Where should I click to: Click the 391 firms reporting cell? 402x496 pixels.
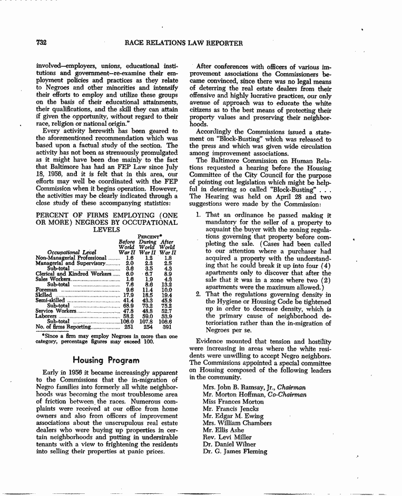pyautogui.click(x=168, y=327)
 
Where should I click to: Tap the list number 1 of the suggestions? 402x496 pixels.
pyautogui.click(x=198, y=215)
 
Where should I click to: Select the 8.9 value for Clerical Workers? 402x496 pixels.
pyautogui.click(x=168, y=274)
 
